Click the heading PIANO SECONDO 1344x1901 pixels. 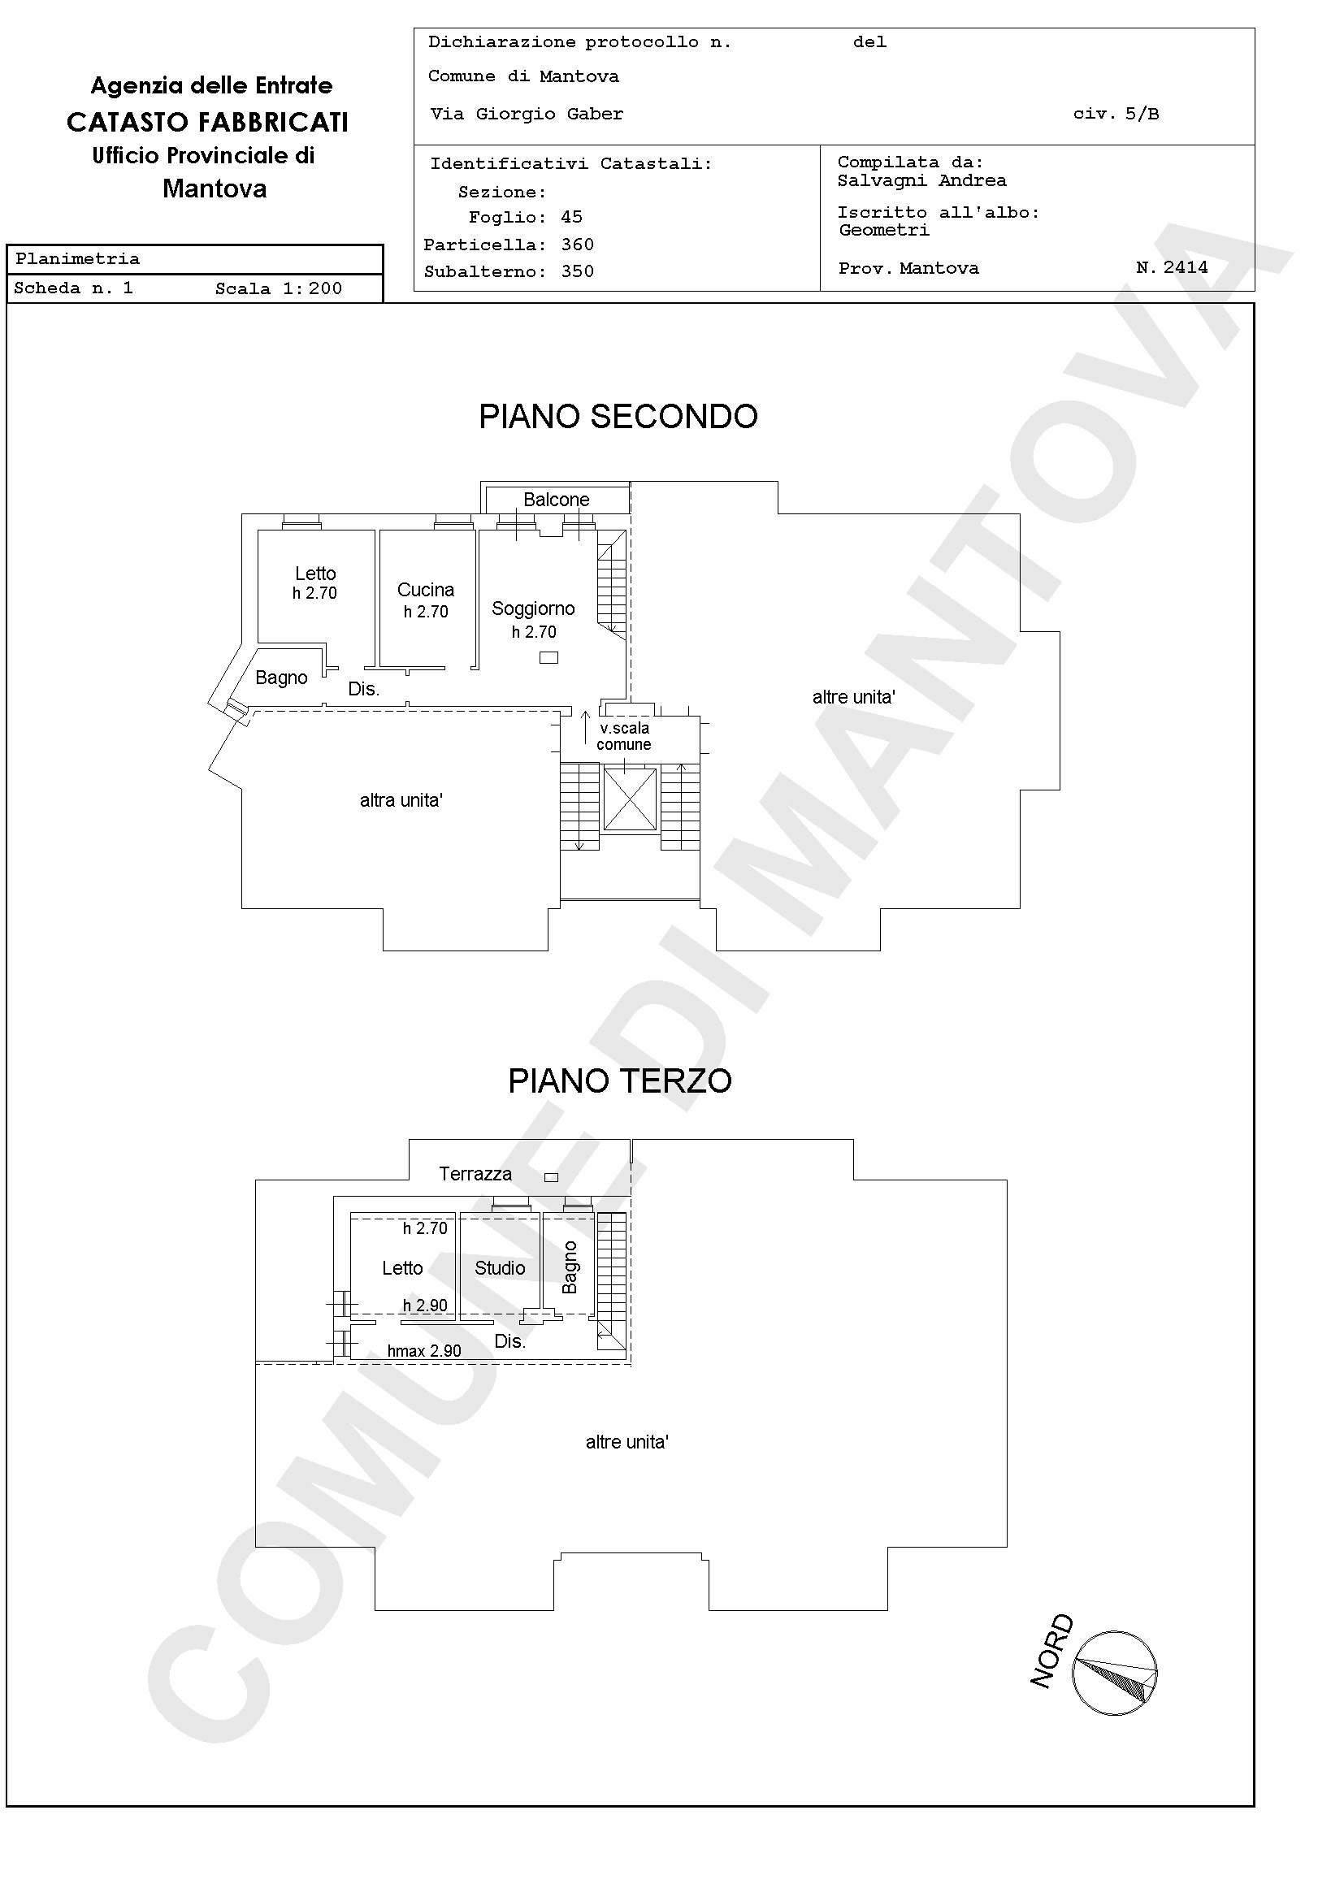pos(618,417)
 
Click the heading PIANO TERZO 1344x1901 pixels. pos(619,1080)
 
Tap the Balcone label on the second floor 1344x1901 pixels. pos(557,500)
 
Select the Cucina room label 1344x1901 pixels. pos(426,590)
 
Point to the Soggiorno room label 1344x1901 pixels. pos(533,608)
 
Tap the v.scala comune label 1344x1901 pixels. pos(624,736)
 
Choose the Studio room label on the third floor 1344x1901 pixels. pos(501,1267)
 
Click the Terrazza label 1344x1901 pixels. pos(475,1173)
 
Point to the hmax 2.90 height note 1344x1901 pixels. pos(424,1350)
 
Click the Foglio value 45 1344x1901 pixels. pos(571,217)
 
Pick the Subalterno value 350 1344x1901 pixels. pos(577,271)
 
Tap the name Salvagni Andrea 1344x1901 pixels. pos(921,180)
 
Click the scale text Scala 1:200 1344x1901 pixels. pos(278,288)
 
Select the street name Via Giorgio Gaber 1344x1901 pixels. pos(527,115)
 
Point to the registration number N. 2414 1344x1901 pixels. pos(1172,267)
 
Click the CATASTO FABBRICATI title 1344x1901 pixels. pos(208,122)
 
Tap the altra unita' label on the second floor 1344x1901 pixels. pos(401,800)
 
